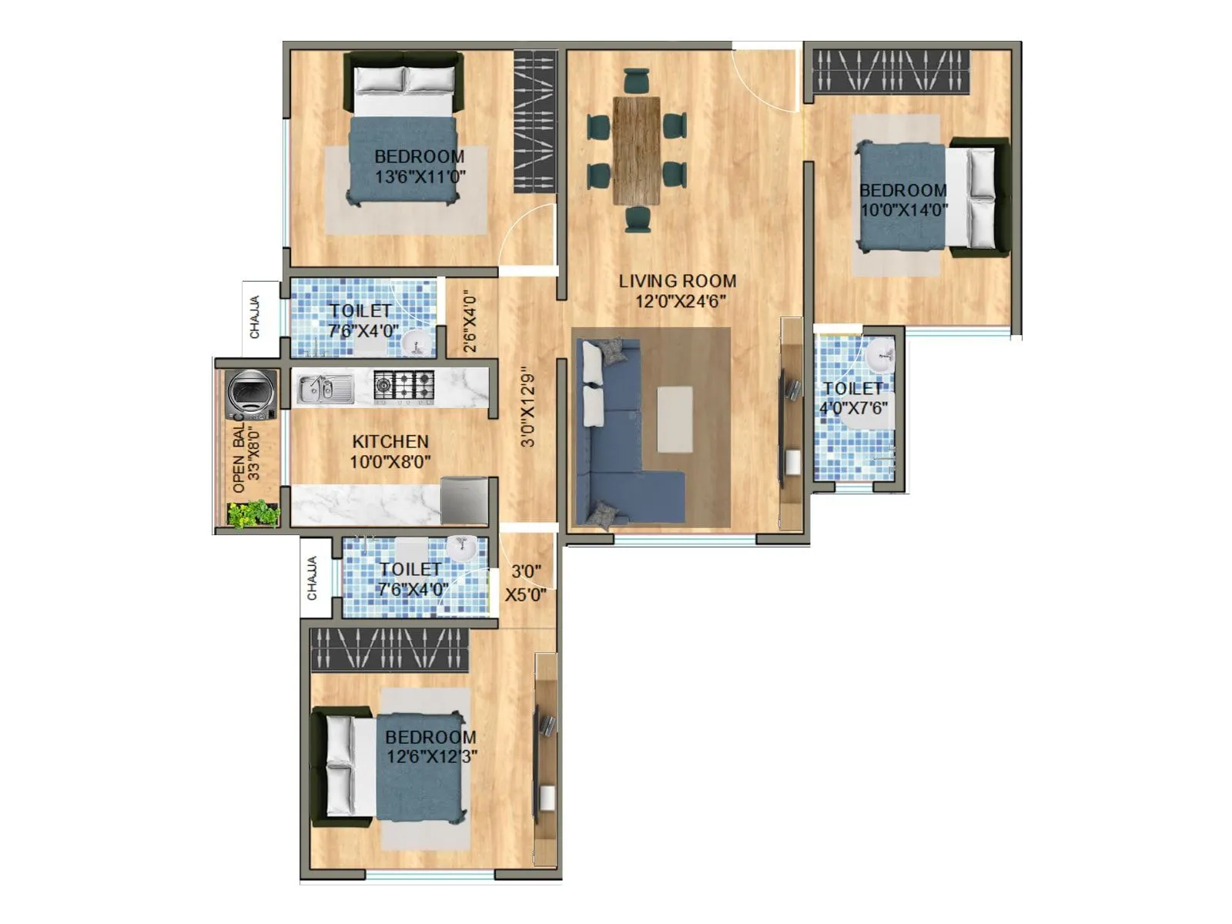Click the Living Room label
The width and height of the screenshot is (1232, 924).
pyautogui.click(x=677, y=281)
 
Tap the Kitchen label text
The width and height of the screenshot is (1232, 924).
pyautogui.click(x=390, y=441)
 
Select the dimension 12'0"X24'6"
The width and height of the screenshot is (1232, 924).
pyautogui.click(x=680, y=301)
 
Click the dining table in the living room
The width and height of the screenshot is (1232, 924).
pyautogui.click(x=636, y=150)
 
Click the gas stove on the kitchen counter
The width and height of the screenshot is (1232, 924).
pyautogui.click(x=403, y=386)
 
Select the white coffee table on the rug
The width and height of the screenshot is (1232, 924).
pyautogui.click(x=674, y=420)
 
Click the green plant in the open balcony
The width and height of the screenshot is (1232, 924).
pyautogui.click(x=253, y=514)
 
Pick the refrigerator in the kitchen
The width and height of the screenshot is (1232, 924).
pyautogui.click(x=464, y=500)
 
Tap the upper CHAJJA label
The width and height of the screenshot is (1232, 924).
pyautogui.click(x=255, y=317)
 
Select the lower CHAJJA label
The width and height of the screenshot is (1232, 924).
pyautogui.click(x=313, y=578)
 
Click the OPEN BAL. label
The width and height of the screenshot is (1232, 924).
pyautogui.click(x=239, y=457)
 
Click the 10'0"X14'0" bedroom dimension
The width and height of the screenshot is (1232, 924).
pyautogui.click(x=903, y=209)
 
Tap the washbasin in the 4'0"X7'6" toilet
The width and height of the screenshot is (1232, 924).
pyautogui.click(x=880, y=357)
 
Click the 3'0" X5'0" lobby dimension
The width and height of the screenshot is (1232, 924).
pyautogui.click(x=526, y=583)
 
